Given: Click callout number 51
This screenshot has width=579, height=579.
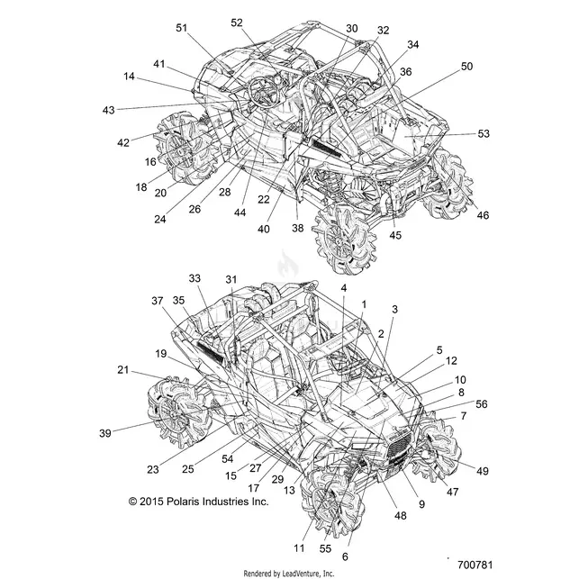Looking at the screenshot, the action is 181,28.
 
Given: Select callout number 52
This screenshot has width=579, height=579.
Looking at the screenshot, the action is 237,23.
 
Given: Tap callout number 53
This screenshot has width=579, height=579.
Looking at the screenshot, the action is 484,133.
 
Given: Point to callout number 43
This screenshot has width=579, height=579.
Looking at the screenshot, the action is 109,110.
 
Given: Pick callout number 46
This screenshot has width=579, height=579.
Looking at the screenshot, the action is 483,215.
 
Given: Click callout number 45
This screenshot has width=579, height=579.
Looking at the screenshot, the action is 395,235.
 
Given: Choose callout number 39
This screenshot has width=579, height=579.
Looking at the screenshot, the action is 105,433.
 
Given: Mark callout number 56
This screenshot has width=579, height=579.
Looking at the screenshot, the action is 482,404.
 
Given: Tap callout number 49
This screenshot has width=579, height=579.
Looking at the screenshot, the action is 483,471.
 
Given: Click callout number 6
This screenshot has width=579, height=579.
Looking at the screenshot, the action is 345,556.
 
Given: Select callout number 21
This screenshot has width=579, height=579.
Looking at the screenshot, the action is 123,369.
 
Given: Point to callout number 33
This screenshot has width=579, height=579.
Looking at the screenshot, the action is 195,278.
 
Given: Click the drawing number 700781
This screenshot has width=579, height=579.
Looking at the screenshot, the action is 475,565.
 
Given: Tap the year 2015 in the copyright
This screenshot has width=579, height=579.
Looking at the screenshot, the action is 151,502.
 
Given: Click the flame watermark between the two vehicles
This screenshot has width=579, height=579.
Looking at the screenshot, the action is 285,263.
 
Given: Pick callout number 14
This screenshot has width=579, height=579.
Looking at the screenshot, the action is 129,77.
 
